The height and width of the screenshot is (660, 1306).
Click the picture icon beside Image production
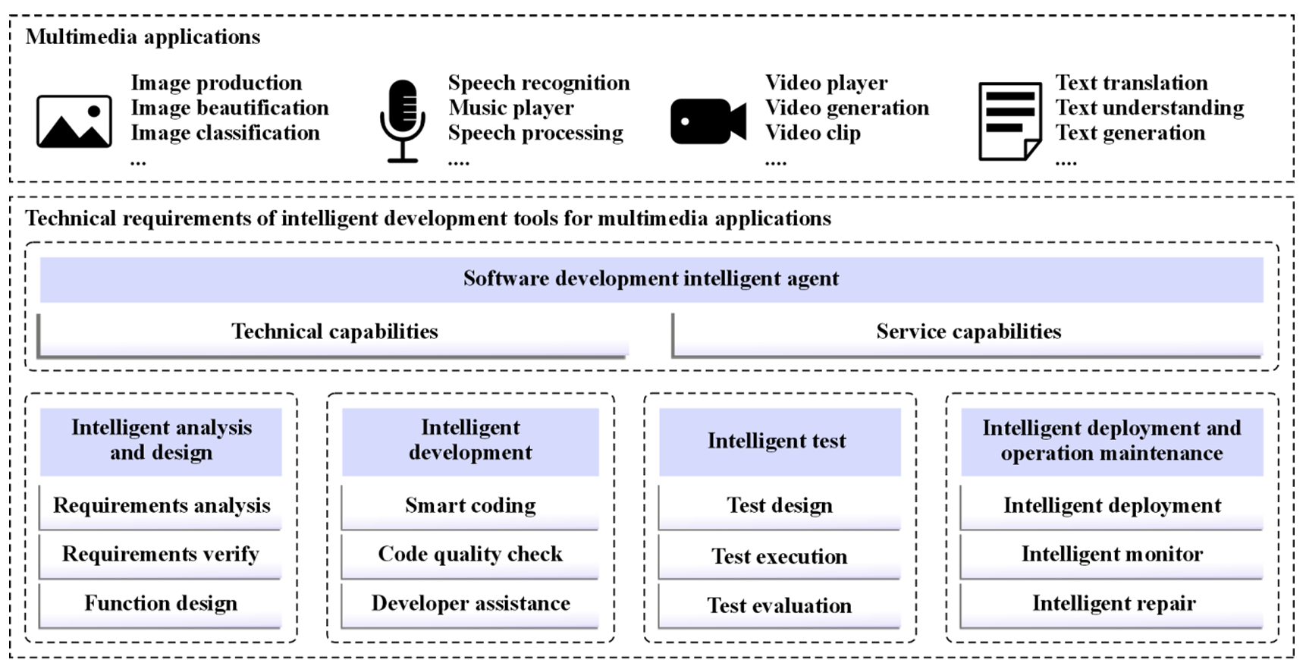click(x=74, y=121)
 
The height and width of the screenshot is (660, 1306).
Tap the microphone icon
click(x=402, y=121)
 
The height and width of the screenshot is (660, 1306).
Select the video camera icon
click(x=708, y=121)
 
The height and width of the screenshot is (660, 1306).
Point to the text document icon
click(x=1009, y=121)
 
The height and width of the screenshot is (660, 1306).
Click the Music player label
click(x=510, y=108)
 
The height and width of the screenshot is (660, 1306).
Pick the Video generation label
click(x=846, y=108)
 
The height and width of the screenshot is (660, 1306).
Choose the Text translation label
click(x=1131, y=83)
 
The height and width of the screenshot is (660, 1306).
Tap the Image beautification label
click(x=229, y=108)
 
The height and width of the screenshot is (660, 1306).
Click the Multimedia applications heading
click(x=143, y=36)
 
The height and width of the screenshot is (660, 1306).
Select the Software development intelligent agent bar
click(x=651, y=279)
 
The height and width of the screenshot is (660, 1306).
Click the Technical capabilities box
click(x=334, y=334)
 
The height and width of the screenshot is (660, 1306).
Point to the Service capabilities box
click(x=968, y=334)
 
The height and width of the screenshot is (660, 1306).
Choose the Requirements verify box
click(x=160, y=556)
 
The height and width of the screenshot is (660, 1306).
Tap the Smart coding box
click(x=470, y=507)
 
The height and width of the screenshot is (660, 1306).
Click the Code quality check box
click(x=470, y=556)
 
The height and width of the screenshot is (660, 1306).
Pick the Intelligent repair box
click(x=1112, y=605)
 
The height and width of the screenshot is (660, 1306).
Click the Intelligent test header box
click(x=780, y=442)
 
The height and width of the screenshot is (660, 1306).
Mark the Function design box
click(x=160, y=605)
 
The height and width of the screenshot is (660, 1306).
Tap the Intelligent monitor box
click(x=1112, y=556)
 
